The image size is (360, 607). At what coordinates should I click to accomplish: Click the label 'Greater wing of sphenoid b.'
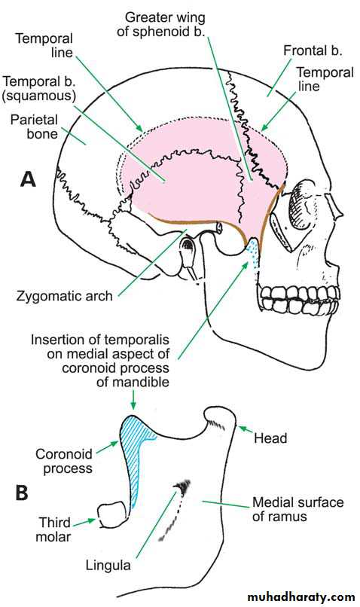click(x=161, y=24)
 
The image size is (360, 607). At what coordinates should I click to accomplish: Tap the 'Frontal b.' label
click(x=313, y=50)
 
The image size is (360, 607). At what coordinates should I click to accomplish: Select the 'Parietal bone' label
click(x=34, y=127)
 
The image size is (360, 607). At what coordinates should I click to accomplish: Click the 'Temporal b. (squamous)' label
click(x=38, y=88)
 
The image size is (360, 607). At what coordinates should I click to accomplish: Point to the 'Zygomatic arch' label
click(x=64, y=296)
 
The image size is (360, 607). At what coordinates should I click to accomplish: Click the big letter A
click(x=28, y=180)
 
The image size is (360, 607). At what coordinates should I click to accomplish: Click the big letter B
click(x=22, y=493)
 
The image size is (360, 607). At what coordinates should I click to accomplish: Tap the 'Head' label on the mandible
click(x=270, y=438)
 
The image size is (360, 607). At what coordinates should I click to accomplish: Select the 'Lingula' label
click(x=108, y=565)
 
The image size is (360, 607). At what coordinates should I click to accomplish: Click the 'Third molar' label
click(x=53, y=529)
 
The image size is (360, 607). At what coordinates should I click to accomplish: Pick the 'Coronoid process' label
click(x=64, y=461)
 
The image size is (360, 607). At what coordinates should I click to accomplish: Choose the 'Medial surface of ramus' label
click(x=298, y=509)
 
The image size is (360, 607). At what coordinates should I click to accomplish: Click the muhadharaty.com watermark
click(x=301, y=596)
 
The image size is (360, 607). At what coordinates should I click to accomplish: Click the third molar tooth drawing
click(x=112, y=514)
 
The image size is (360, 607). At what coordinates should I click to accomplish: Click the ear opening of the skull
click(x=188, y=245)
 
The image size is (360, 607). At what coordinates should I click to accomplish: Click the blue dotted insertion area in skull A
click(x=253, y=252)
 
